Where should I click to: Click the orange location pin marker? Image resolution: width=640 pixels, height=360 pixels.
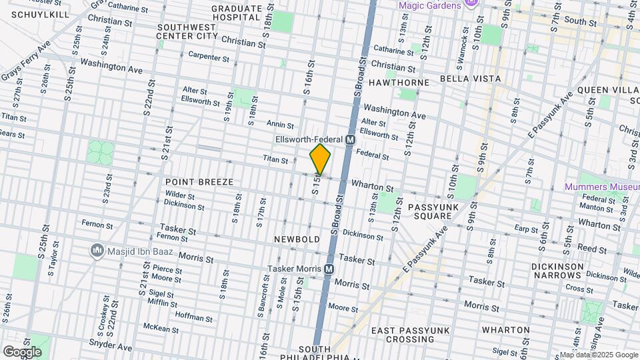click(321, 159)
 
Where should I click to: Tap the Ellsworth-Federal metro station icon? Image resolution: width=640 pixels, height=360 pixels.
click(349, 139)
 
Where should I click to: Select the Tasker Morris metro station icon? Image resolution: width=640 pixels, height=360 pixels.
click(329, 269)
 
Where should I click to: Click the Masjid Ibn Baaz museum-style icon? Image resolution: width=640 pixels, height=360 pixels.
click(97, 251)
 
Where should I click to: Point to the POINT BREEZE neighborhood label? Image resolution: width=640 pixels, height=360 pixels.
click(199, 182)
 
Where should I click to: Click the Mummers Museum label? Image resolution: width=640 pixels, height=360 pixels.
click(599, 187)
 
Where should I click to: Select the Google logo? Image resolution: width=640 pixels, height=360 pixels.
click(22, 351)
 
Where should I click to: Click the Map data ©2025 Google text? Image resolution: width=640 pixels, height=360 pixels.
click(599, 355)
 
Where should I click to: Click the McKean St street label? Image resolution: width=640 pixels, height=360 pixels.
click(161, 327)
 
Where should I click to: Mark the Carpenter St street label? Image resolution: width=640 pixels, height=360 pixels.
click(208, 57)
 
